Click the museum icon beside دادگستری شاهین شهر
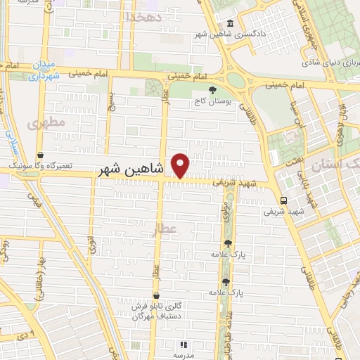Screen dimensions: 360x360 pos(232,22)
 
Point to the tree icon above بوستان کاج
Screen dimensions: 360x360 pos(212,89)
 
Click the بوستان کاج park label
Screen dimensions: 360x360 pos(212,102)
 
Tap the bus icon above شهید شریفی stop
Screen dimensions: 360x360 pos(282,200)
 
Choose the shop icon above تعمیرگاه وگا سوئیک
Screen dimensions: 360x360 pos(40,155)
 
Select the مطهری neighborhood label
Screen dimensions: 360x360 pos(46,122)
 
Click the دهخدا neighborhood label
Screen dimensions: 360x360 pos(143,15)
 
